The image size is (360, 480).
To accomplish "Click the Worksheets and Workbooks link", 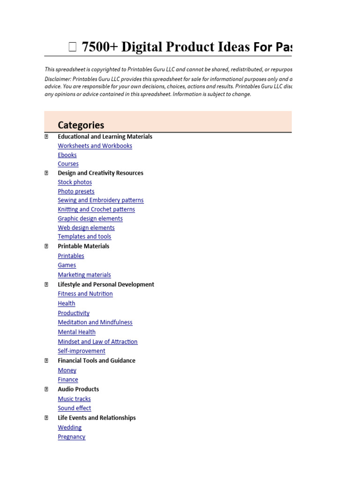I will [95, 146].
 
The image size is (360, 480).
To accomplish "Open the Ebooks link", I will [67, 155].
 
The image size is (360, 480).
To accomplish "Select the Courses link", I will [68, 164].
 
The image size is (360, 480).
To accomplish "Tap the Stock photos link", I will [75, 182].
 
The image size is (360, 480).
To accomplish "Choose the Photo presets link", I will [76, 191].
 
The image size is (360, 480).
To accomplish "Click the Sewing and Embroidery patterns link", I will [100, 200].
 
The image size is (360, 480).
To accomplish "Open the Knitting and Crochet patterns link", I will [96, 210].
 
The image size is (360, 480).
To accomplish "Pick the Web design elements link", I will [86, 228].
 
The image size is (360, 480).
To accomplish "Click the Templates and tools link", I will [84, 237].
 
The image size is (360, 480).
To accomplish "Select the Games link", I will [67, 265].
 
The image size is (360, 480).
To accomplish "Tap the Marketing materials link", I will [84, 275].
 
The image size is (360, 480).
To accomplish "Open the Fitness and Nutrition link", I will [85, 294].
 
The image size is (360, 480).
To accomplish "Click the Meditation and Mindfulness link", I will [95, 322].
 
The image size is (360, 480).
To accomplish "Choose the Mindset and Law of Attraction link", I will [97, 342].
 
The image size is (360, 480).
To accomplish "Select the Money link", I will [67, 370].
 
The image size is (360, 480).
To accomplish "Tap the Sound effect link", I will [74, 408].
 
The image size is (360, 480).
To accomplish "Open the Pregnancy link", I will [71, 437].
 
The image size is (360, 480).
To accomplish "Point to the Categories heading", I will [81, 125].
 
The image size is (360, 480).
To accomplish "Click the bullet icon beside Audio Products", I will [46, 389].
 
